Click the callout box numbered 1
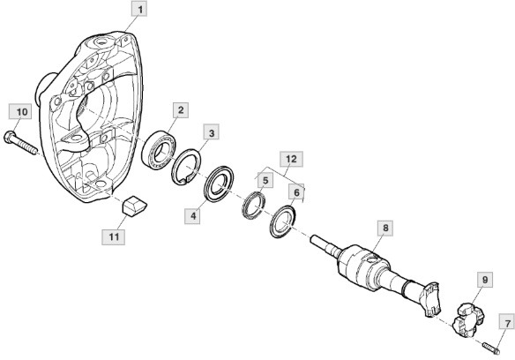tap(139, 9)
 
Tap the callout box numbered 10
tap(21, 112)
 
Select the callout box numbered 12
tap(291, 159)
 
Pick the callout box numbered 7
tap(507, 324)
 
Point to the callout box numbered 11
tap(113, 236)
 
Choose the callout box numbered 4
tap(192, 216)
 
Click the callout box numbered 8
tap(385, 228)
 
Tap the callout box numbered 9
tap(485, 280)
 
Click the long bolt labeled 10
tap(20, 143)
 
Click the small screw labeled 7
tap(491, 349)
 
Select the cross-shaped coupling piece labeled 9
tap(468, 320)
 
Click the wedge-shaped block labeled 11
tap(134, 206)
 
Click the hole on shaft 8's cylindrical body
tap(372, 260)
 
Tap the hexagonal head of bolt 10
tap(9, 137)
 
